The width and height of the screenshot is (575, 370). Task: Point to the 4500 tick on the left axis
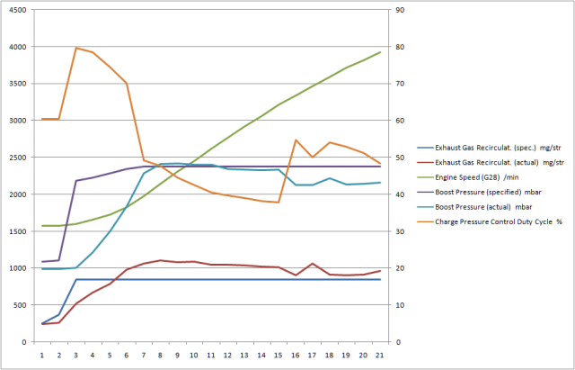(18, 10)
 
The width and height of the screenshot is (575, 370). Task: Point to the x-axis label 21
(379, 355)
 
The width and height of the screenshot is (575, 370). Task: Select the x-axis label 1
(42, 355)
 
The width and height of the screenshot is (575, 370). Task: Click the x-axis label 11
(210, 355)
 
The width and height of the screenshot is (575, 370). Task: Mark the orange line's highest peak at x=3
(75, 48)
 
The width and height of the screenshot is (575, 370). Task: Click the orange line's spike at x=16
(296, 140)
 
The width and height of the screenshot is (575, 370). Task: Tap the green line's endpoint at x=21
(380, 52)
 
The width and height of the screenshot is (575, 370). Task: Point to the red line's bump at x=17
(312, 264)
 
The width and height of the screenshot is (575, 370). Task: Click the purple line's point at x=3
(75, 181)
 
